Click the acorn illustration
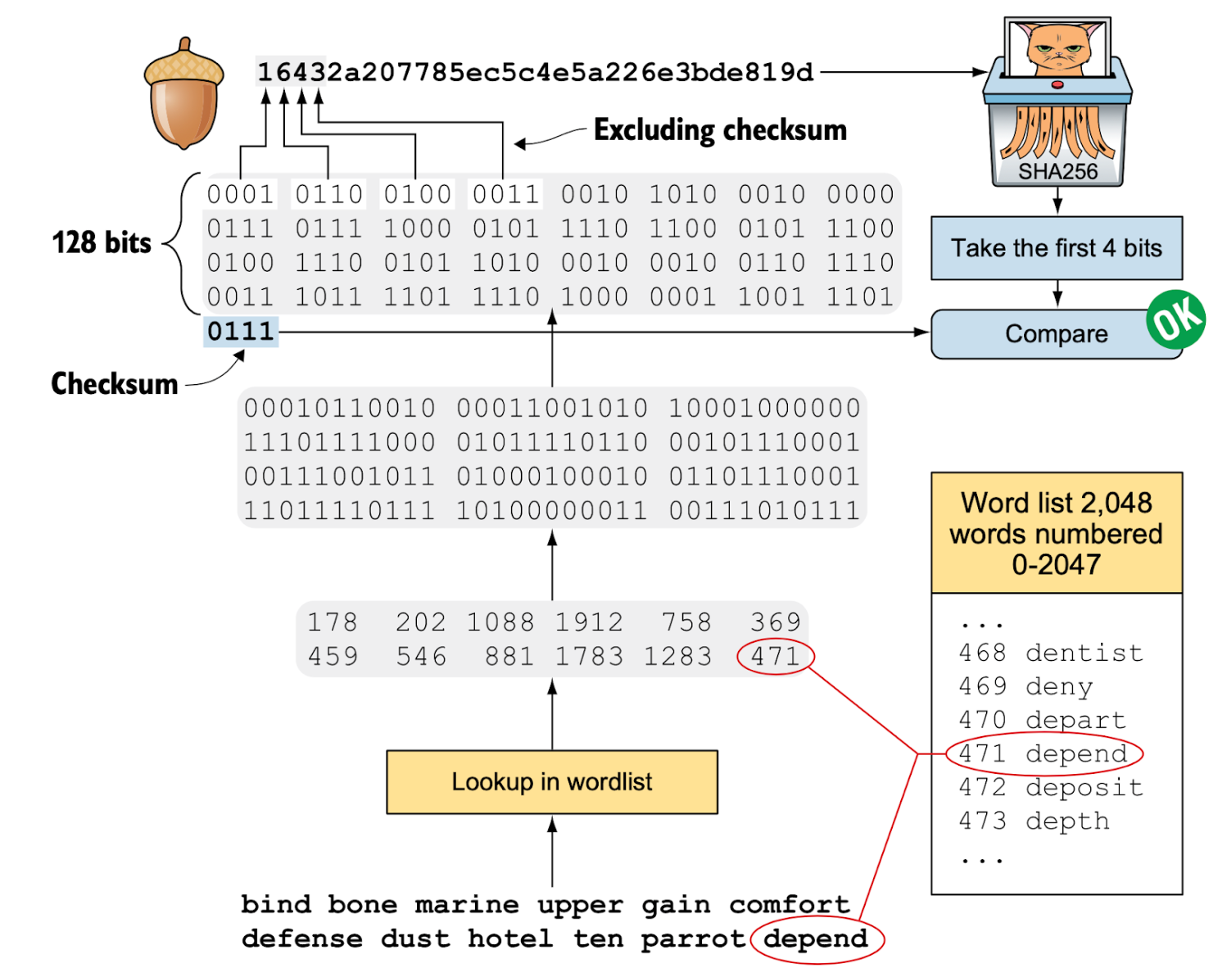pos(183,94)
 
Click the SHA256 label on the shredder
pos(1057,171)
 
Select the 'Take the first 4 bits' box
pos(1056,248)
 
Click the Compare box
pos(1055,334)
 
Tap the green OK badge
pos(1175,319)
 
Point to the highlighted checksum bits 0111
pos(240,332)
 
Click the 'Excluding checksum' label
pos(720,130)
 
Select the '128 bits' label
pos(102,243)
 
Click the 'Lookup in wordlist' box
pos(551,782)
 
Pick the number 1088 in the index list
pos(500,622)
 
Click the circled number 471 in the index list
pos(775,657)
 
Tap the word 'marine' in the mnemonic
pos(466,905)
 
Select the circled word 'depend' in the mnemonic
pos(815,939)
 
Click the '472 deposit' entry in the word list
pos(1050,788)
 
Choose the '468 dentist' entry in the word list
pos(1050,654)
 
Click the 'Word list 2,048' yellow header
pos(1056,533)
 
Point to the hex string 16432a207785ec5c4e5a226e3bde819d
pos(535,73)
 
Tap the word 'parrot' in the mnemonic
pos(692,939)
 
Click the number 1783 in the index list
pos(589,657)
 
